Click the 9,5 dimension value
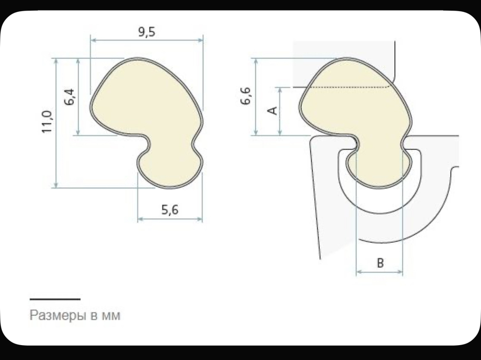(x=147, y=32)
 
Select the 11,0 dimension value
(x=47, y=122)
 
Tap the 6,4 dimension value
(x=70, y=97)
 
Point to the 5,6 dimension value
(x=170, y=210)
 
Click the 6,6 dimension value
(x=246, y=96)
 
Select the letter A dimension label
(x=272, y=111)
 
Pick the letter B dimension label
(x=380, y=263)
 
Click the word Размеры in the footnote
(x=57, y=315)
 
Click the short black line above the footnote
(x=55, y=299)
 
